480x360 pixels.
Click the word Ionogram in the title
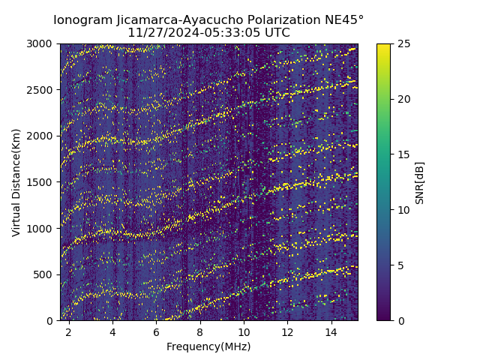coord(82,19)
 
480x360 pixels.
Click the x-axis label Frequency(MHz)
coord(208,346)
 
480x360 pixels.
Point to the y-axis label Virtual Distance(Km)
coord(16,182)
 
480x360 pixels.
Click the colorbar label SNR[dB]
coord(420,182)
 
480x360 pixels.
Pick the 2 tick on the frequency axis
coord(69,331)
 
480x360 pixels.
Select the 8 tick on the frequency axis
coord(200,331)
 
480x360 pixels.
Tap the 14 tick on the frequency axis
coord(331,331)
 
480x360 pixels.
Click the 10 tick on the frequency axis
coord(244,331)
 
